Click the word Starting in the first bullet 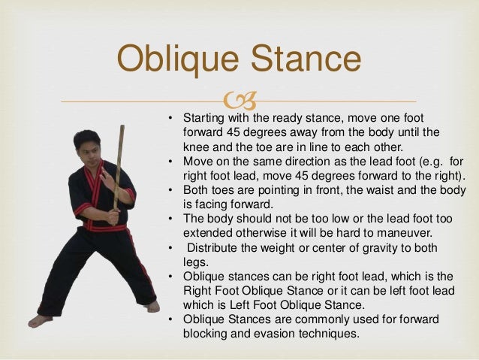tap(207, 119)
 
